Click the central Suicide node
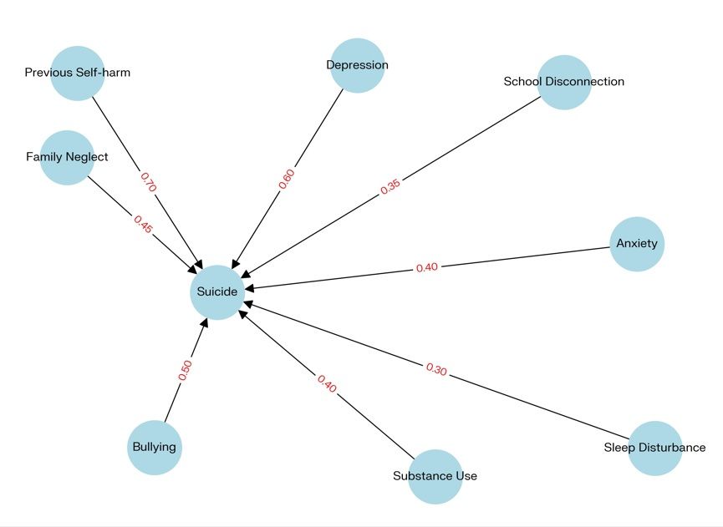pos(217,292)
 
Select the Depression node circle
pos(358,65)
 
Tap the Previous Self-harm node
pos(77,73)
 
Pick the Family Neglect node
pos(67,157)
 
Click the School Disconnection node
pos(564,82)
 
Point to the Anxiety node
pos(637,245)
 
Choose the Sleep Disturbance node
pos(655,448)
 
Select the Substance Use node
pos(435,476)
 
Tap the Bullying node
pos(155,447)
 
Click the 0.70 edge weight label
pos(148,183)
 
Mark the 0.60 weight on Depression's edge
pos(287,179)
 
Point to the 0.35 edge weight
pos(390,187)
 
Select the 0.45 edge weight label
pos(143,224)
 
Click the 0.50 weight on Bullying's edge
pos(186,370)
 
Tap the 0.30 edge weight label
pos(436,368)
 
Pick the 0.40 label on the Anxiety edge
pos(426,268)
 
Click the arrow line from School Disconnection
pos(468,142)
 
